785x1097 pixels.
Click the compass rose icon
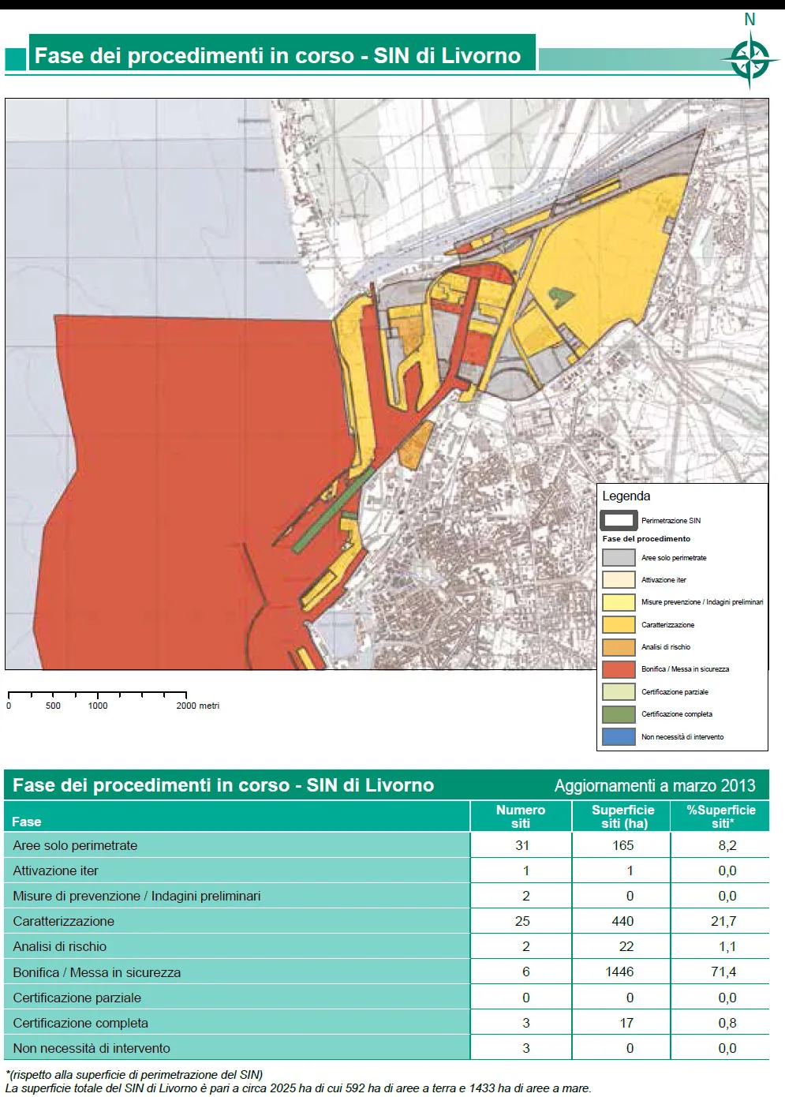(x=749, y=60)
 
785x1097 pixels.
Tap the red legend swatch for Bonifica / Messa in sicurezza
(x=619, y=669)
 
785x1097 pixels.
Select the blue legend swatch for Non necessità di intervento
(x=619, y=736)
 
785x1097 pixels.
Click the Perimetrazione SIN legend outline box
(x=619, y=521)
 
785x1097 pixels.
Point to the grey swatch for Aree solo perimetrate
(x=619, y=557)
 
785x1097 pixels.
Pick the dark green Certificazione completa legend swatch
(x=619, y=714)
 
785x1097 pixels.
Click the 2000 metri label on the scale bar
(x=197, y=706)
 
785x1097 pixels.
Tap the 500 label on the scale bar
(x=53, y=706)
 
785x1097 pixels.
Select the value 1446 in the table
(x=619, y=972)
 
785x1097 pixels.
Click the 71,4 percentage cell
(x=723, y=972)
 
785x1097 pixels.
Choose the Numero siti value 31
(x=522, y=845)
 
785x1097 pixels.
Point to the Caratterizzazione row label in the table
(x=64, y=921)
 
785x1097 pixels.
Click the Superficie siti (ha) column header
(x=622, y=816)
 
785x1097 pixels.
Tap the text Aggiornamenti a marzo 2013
(x=654, y=785)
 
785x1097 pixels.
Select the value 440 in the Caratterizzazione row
(x=622, y=921)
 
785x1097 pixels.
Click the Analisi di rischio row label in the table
(x=60, y=946)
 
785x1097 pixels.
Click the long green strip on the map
(x=331, y=509)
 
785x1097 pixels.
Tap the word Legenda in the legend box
(x=626, y=496)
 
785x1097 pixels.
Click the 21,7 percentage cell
(x=723, y=921)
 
